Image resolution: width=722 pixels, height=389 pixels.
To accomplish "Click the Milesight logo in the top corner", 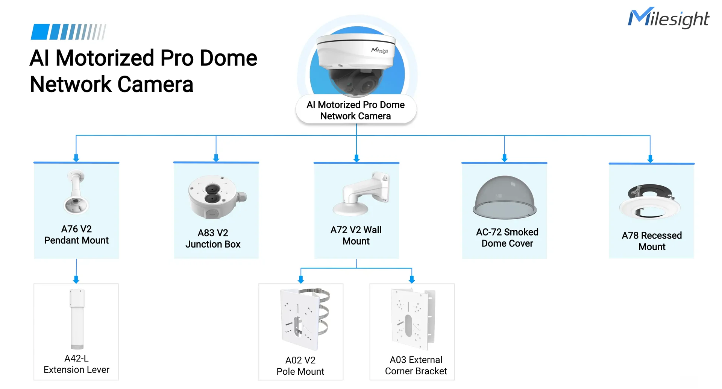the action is click(668, 18).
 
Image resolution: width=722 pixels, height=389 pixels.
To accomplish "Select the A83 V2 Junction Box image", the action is click(217, 196).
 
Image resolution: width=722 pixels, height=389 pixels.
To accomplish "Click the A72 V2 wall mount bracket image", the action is click(361, 194).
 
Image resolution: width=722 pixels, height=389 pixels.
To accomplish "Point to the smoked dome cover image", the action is click(505, 197).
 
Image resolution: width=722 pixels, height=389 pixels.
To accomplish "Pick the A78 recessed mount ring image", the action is click(650, 202).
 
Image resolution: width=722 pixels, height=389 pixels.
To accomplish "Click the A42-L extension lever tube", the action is click(77, 319).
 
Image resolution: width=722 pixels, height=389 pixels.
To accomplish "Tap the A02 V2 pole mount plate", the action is click(305, 319).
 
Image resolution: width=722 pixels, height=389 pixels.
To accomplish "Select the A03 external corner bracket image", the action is click(413, 319).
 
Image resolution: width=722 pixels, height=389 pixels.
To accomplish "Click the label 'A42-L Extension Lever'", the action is click(76, 364).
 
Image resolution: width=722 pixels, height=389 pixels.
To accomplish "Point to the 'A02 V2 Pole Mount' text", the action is click(300, 366).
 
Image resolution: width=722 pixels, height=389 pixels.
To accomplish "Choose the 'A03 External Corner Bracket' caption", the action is click(416, 365).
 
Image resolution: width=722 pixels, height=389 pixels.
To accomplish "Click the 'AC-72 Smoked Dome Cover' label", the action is click(507, 237).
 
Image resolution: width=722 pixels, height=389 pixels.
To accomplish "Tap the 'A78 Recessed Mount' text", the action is click(652, 241).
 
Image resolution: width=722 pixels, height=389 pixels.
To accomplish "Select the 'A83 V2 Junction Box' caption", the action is click(213, 238).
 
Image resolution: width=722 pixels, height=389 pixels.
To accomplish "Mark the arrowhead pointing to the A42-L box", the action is click(76, 280).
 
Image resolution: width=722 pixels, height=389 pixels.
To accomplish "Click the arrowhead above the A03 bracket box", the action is click(412, 280).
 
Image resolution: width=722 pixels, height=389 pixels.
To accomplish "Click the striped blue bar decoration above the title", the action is click(68, 32).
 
